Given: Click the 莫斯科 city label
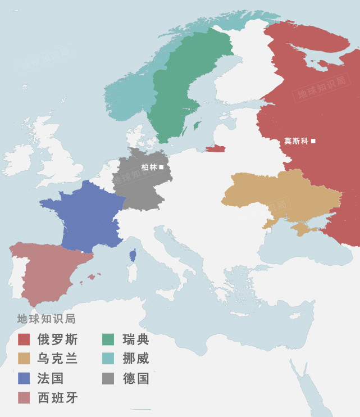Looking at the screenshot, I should (296, 141).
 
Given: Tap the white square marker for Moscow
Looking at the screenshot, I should (313, 141).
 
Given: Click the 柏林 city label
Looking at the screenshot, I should (149, 167).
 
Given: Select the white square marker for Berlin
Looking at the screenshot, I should (161, 167).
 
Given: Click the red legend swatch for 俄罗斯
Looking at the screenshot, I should (24, 339).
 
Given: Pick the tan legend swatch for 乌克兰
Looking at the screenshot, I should (24, 359).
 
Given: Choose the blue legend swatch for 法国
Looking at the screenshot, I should (24, 378).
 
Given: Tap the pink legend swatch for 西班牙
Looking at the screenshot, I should (24, 398).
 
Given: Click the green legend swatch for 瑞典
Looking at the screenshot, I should (108, 339).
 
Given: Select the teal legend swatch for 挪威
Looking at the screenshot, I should (108, 359).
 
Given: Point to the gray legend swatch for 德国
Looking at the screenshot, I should (108, 378).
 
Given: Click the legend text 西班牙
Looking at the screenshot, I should (57, 398).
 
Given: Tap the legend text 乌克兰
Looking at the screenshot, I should (57, 359).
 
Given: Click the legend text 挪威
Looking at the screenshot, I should (136, 359).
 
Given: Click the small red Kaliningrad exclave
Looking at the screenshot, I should (216, 149).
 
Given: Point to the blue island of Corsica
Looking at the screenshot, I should (133, 256).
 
